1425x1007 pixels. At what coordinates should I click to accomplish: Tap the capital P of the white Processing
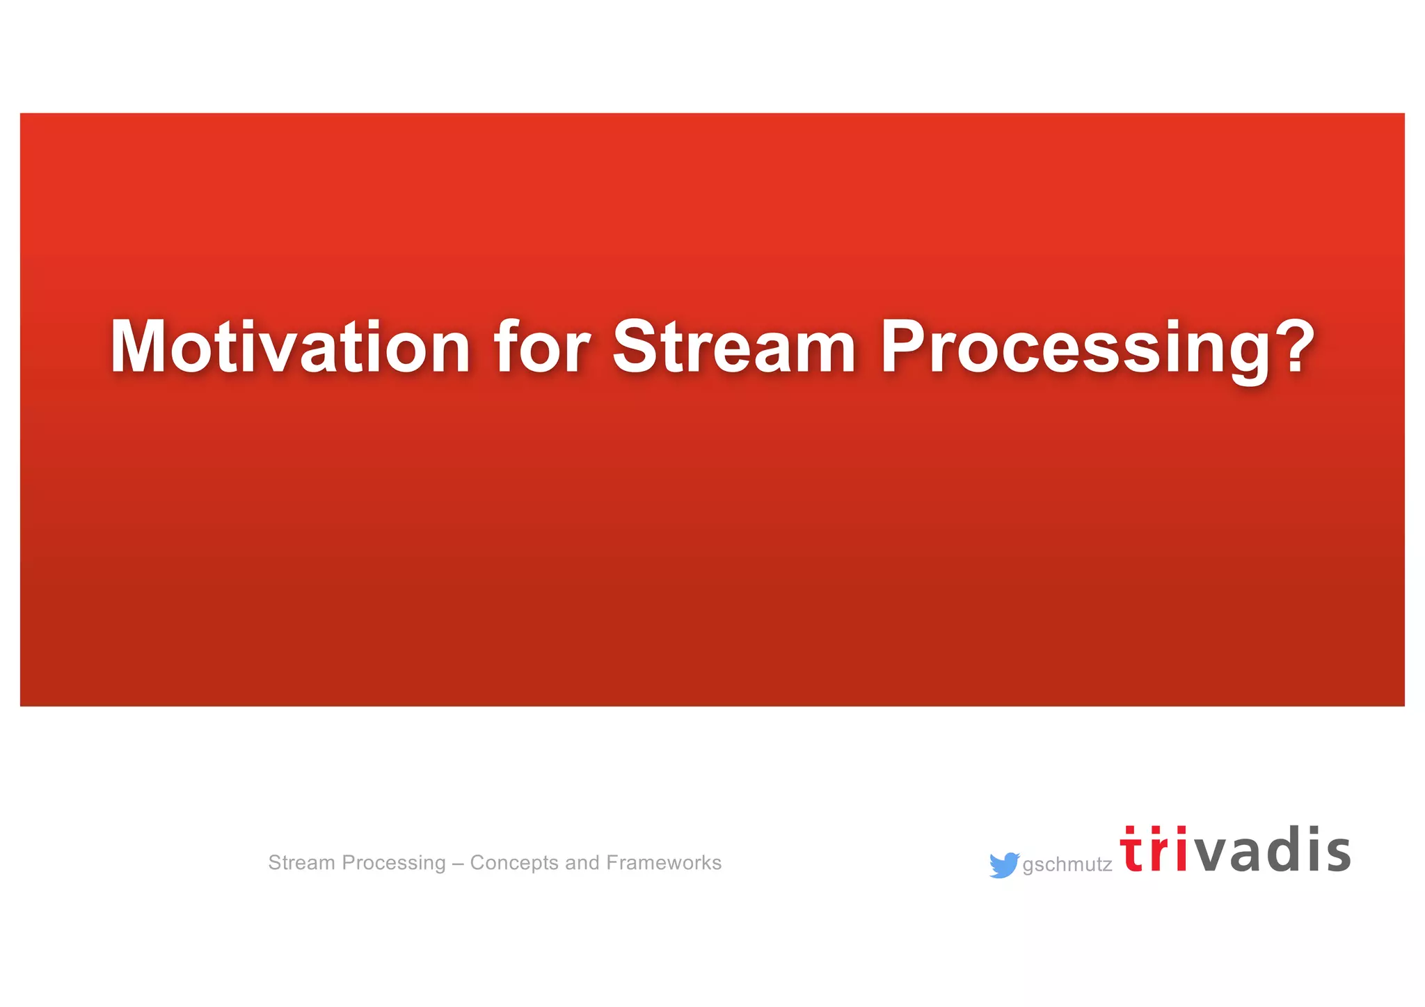(907, 347)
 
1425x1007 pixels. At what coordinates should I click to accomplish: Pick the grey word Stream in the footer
(301, 863)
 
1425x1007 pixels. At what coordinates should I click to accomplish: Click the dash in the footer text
(458, 863)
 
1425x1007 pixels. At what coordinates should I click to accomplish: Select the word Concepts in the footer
(514, 863)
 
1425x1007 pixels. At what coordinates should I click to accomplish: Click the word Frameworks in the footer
(664, 863)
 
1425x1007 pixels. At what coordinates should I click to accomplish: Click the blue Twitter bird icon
(1003, 865)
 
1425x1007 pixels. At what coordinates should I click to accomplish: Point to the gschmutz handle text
(1067, 865)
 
